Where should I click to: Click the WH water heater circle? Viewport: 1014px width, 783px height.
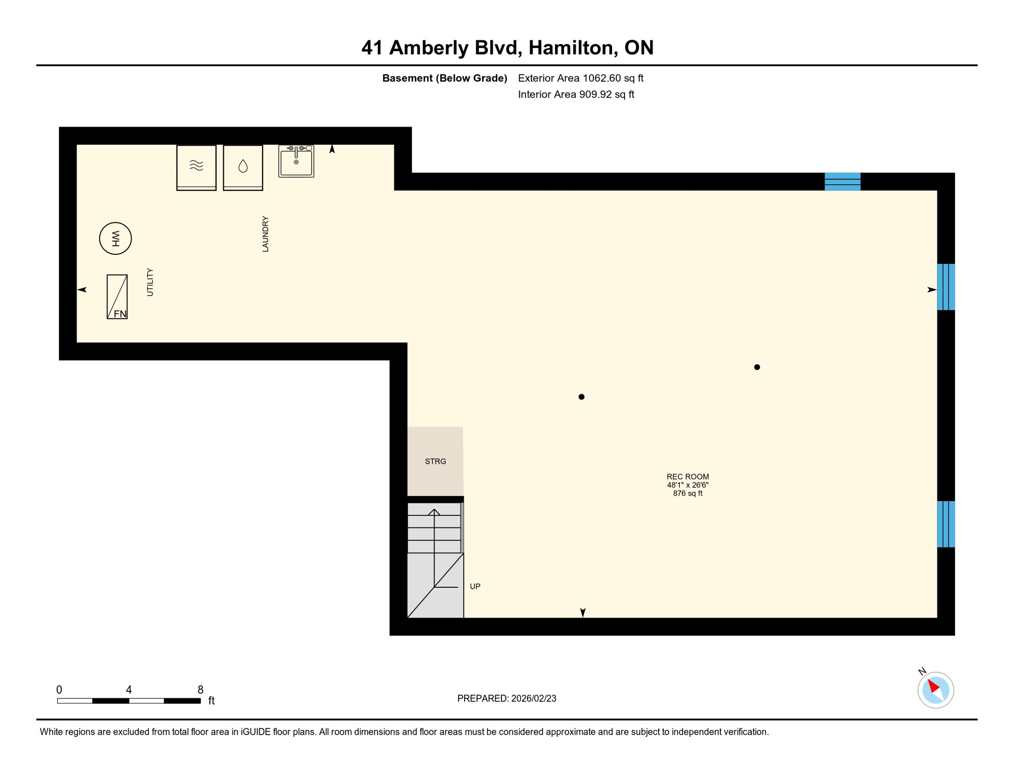(x=115, y=238)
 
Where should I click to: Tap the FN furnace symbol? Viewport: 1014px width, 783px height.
(x=117, y=297)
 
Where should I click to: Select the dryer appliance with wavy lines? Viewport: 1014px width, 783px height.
(x=196, y=167)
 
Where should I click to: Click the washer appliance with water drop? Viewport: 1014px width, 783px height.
(x=243, y=167)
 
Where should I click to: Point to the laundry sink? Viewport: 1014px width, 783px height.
(x=296, y=161)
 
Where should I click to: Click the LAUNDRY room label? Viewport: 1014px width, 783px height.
(x=265, y=234)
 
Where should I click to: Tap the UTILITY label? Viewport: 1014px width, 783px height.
(x=150, y=282)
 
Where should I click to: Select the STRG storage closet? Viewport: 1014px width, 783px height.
(x=435, y=461)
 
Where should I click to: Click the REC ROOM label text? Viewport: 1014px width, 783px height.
(x=688, y=477)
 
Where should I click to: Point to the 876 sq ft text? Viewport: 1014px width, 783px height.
(x=688, y=493)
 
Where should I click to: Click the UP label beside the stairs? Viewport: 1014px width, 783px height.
(x=475, y=586)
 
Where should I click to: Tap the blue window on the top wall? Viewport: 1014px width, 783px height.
(x=842, y=181)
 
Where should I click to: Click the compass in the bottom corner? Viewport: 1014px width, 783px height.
(x=935, y=690)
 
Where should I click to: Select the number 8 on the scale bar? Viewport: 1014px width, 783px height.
(x=200, y=690)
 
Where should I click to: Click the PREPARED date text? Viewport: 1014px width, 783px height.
(x=506, y=698)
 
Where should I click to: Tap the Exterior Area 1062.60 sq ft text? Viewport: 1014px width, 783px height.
(x=580, y=78)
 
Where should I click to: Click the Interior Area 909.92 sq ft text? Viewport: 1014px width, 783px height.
(x=576, y=94)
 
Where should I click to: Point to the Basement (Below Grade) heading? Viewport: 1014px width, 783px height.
(x=445, y=78)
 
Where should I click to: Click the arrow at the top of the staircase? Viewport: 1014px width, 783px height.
(x=434, y=512)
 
